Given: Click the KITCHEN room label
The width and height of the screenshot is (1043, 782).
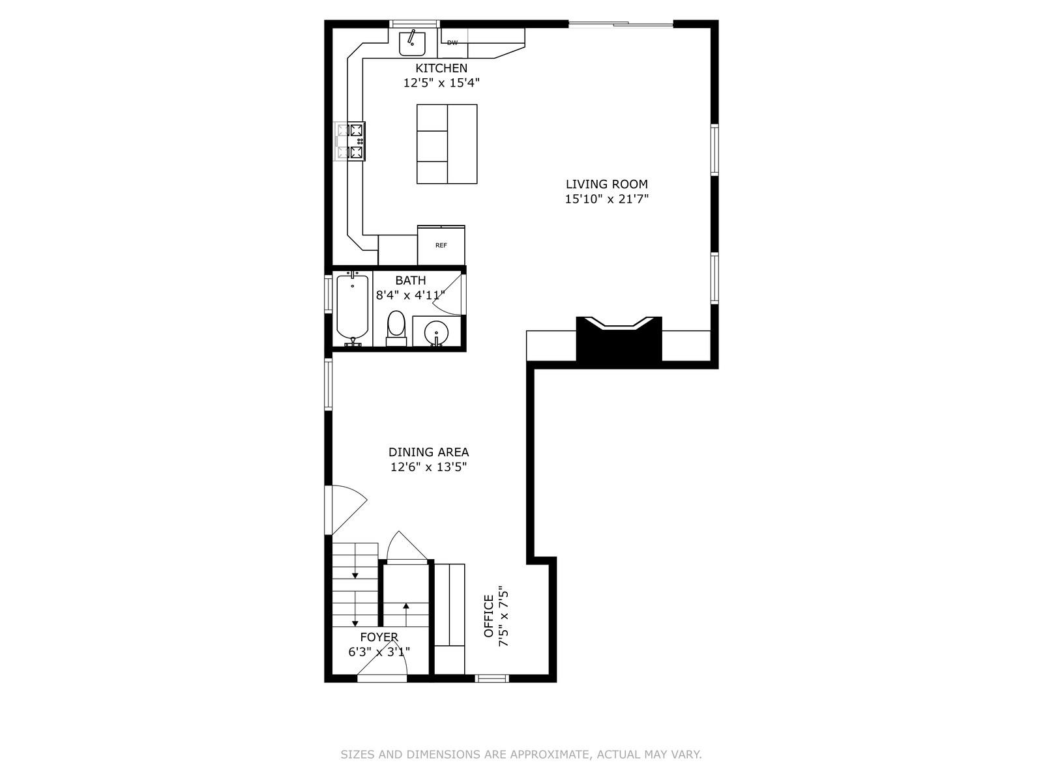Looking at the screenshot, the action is point(441,68).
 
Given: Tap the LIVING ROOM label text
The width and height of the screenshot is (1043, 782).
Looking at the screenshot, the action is point(606,184).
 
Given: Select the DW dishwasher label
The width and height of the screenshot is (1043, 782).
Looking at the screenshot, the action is point(452,43).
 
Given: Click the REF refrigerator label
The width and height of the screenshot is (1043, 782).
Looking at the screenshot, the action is point(441,245).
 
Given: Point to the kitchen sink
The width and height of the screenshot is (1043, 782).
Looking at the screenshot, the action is point(412,43).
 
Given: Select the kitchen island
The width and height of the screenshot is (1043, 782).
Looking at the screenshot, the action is point(447,144).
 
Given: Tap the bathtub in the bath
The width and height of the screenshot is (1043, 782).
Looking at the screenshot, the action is point(352,308).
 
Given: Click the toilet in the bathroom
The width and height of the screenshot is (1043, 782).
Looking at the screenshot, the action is point(396,328).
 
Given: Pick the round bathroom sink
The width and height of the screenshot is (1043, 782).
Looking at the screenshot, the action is point(435,333).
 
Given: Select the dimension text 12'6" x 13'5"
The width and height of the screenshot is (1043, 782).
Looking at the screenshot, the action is point(428,467).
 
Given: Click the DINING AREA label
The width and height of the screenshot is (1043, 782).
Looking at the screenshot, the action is point(428,452).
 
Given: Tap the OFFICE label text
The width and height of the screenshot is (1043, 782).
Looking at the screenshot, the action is point(488,616).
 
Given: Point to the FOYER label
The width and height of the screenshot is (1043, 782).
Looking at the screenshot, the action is point(379,637).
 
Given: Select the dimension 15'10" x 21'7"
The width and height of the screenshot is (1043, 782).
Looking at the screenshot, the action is point(606,199).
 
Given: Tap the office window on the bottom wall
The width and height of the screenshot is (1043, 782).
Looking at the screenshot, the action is point(492,678).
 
